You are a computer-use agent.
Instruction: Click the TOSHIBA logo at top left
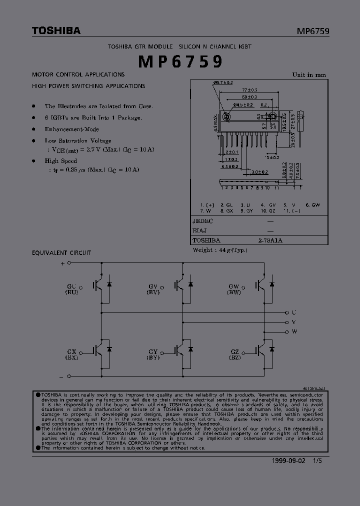coord(56,31)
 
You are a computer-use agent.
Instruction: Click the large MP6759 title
coord(180,61)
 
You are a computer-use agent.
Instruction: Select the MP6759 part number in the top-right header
coord(312,31)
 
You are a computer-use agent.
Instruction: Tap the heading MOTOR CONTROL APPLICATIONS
coord(78,74)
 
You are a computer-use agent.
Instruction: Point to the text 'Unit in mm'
coord(309,75)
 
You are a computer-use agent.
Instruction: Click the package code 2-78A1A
coord(270,240)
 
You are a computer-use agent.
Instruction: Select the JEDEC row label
coord(202,221)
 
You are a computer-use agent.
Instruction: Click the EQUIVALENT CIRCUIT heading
coord(61,253)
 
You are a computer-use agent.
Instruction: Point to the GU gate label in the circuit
coord(72,286)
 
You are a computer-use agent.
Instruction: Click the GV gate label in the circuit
coord(152,286)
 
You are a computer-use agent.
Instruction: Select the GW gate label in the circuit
coord(233,286)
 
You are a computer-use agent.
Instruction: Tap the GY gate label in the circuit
coord(152,352)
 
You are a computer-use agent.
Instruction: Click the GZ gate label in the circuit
coord(234,352)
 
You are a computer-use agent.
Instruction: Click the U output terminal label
coord(294,312)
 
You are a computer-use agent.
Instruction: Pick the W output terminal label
coord(294,331)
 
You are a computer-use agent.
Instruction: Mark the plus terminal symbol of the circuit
coord(62,262)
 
